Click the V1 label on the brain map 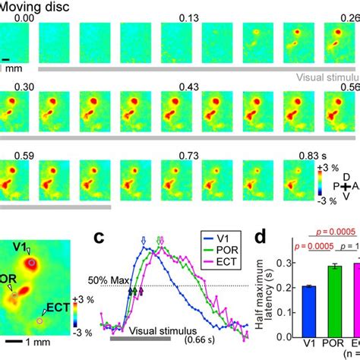click(21, 246)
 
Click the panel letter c click(97, 236)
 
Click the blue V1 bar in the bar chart click(308, 308)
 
